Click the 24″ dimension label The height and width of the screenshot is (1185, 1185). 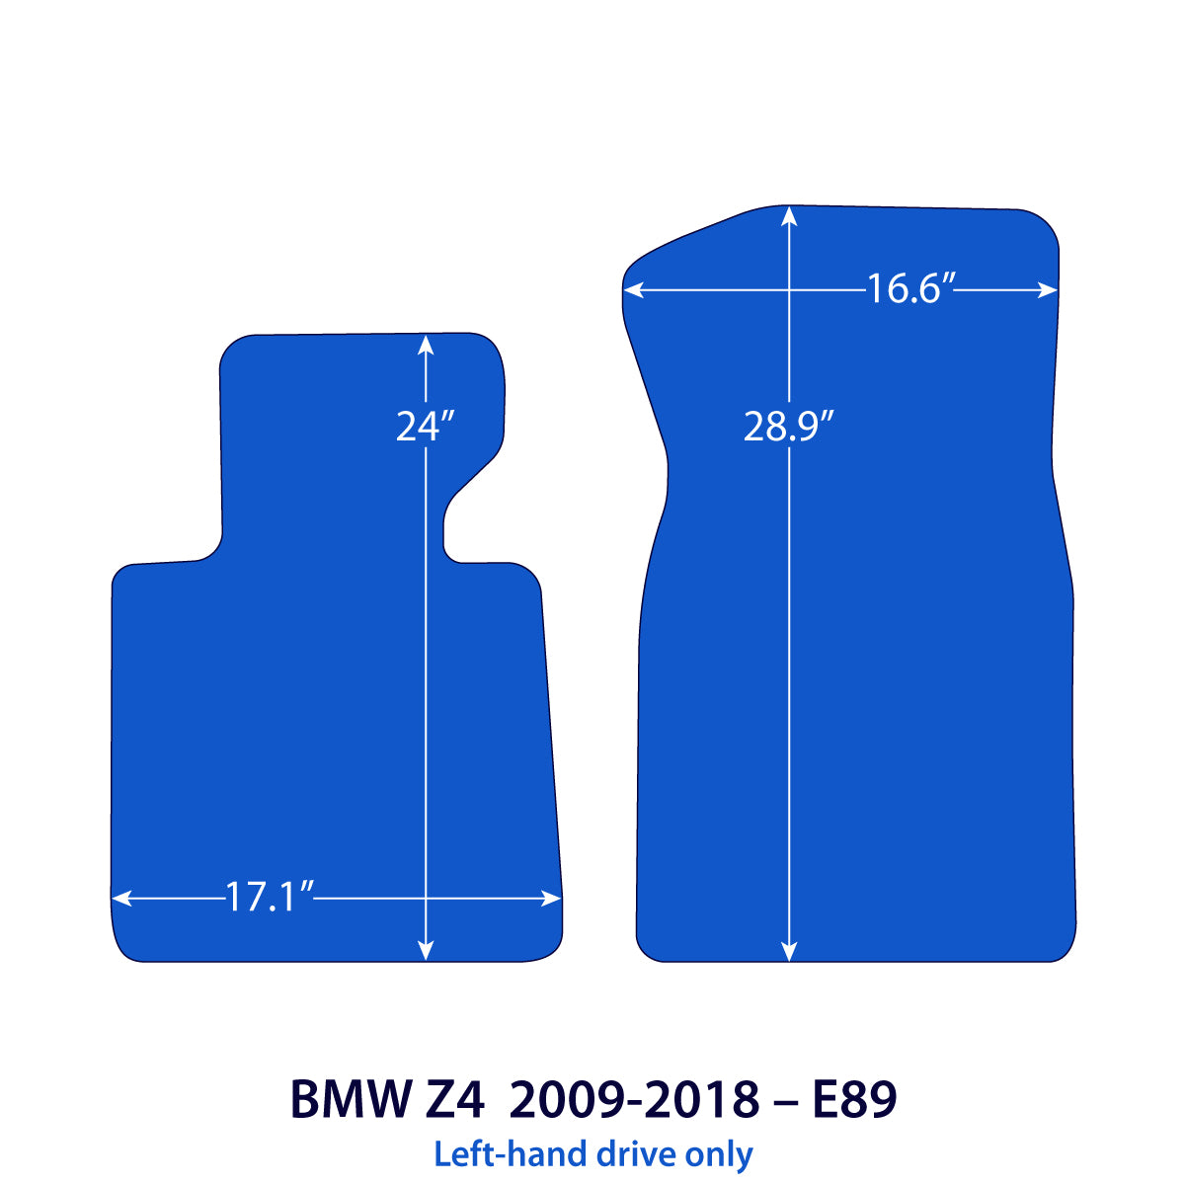425,426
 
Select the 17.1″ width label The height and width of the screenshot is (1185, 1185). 269,898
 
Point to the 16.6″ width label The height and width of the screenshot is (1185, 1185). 909,289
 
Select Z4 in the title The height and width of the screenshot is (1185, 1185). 457,1099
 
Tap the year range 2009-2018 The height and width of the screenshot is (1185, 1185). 634,1099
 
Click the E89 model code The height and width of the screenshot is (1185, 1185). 854,1099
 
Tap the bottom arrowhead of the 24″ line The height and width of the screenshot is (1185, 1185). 425,952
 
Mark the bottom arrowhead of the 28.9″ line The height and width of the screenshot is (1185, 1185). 789,952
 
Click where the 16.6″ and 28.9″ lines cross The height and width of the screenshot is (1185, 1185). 789,290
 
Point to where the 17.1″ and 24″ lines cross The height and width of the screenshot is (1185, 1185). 425,898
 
